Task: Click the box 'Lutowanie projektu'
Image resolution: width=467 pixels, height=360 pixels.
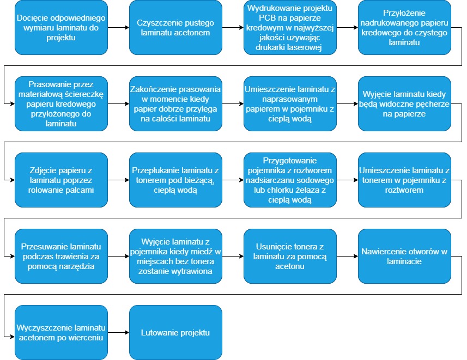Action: [175, 332]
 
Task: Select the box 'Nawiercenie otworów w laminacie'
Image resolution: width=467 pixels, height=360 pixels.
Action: [404, 256]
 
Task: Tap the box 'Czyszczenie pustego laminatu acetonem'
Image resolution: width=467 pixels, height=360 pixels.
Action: [175, 27]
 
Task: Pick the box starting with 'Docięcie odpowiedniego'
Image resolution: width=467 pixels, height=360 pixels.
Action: [61, 27]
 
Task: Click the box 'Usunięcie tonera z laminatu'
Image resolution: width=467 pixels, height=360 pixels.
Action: [290, 256]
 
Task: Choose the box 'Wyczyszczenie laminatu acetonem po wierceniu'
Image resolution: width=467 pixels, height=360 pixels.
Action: [61, 332]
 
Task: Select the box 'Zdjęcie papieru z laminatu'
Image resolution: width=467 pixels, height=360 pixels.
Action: [61, 180]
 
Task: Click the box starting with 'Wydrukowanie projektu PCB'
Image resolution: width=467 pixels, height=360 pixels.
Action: [290, 27]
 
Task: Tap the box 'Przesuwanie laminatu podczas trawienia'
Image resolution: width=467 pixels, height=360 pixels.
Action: [61, 256]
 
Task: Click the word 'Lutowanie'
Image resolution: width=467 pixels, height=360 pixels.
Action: [159, 332]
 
